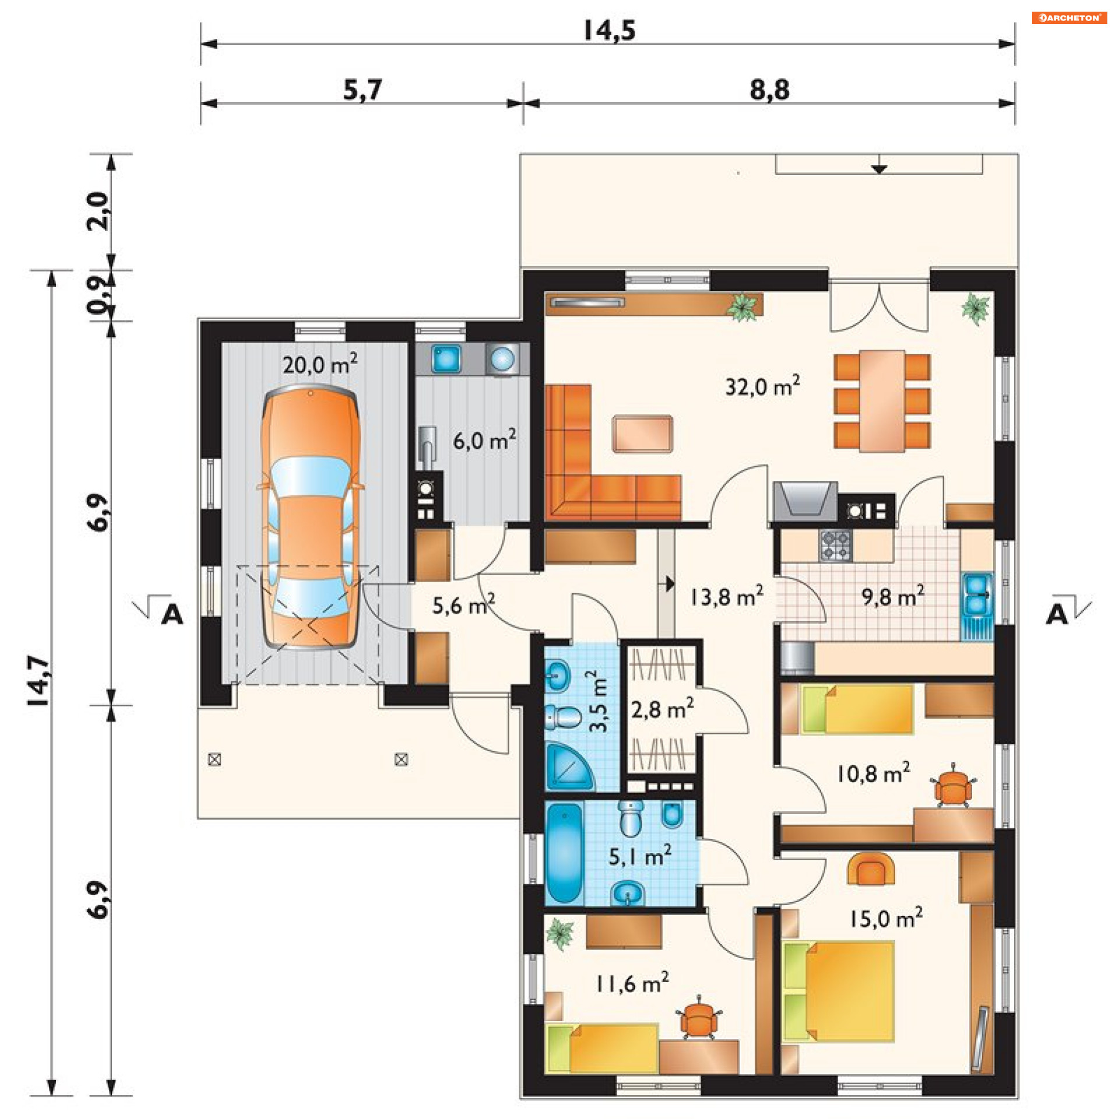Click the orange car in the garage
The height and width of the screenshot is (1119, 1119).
point(311,516)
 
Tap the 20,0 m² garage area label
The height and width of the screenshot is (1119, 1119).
point(320,364)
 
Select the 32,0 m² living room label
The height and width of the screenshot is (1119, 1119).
point(762,386)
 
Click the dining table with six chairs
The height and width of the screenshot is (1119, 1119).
point(882,400)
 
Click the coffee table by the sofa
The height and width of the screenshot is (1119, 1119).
point(642,433)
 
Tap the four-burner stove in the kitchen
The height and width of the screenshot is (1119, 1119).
point(836,545)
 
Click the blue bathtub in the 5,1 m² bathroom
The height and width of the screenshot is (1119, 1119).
point(564,853)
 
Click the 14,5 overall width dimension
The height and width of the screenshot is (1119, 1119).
point(610,30)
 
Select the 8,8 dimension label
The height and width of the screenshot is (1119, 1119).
point(770,90)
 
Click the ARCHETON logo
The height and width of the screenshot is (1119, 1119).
point(1069,17)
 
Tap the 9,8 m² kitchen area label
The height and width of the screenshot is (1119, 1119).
point(893,596)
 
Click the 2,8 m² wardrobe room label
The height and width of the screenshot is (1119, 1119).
point(663,709)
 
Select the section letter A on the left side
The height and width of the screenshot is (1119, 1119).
point(172,615)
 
